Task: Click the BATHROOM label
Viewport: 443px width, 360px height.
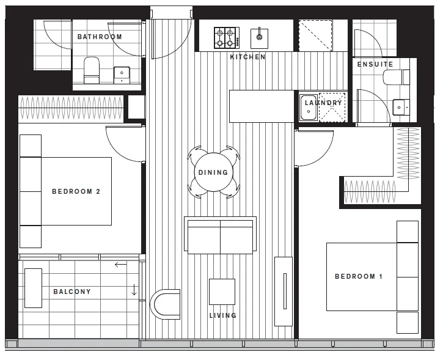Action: [100, 37]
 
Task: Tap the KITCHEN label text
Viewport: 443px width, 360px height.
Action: [247, 57]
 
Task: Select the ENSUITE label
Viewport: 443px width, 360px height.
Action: [375, 64]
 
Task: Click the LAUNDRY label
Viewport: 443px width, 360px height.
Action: [323, 103]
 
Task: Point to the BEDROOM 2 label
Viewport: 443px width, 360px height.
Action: [76, 191]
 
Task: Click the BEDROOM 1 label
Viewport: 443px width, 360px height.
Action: [359, 276]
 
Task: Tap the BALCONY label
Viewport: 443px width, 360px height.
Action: [71, 292]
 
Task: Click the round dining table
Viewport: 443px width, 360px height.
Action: [213, 172]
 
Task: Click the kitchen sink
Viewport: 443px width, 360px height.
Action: [260, 37]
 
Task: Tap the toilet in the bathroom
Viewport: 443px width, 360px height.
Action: [92, 70]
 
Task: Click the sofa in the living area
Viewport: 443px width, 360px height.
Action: [220, 235]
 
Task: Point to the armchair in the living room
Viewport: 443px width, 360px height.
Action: [166, 303]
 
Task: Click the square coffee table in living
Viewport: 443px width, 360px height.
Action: [222, 292]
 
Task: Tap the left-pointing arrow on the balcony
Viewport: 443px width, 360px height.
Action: [120, 265]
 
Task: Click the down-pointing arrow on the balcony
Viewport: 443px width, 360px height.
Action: [134, 290]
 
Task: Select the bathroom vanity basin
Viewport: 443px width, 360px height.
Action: [123, 75]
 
